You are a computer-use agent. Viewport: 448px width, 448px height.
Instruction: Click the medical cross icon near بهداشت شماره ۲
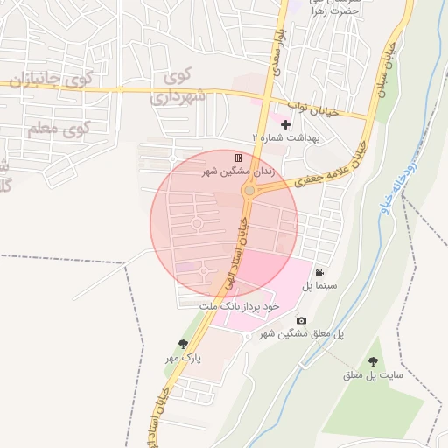tap(285, 125)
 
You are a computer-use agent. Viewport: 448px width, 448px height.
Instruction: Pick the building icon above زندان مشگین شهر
tap(238, 157)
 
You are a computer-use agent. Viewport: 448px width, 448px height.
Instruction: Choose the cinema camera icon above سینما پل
tap(319, 272)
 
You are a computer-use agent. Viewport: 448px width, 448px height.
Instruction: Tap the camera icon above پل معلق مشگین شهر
tap(301, 321)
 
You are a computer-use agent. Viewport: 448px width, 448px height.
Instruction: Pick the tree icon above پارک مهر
tap(183, 344)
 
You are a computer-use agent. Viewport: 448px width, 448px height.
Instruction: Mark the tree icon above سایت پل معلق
tap(374, 361)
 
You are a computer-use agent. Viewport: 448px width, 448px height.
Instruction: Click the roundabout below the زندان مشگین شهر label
tap(249, 191)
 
